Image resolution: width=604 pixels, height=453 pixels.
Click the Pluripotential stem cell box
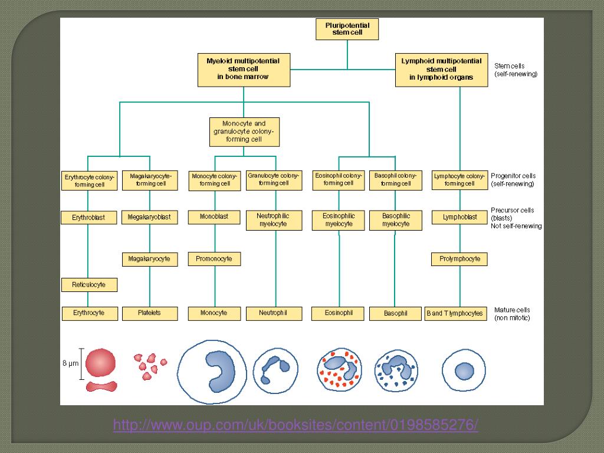click(347, 29)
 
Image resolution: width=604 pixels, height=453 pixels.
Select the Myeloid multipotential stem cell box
click(243, 69)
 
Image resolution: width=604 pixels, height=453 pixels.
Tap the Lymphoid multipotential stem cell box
click(441, 69)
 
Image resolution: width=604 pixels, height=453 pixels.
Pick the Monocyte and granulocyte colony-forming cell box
click(244, 132)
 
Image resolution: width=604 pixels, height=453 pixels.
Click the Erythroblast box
click(88, 218)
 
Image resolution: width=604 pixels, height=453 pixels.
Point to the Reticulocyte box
click(88, 285)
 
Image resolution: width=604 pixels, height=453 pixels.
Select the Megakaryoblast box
click(149, 217)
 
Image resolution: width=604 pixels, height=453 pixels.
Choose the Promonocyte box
click(214, 258)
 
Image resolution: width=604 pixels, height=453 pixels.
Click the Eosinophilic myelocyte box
click(339, 220)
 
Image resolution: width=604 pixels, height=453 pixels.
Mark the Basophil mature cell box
click(395, 313)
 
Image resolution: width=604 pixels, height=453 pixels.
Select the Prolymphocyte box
click(459, 258)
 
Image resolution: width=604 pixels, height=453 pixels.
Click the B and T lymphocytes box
click(455, 313)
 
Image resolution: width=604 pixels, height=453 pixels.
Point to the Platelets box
click(149, 313)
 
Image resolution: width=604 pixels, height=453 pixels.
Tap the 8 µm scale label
click(71, 364)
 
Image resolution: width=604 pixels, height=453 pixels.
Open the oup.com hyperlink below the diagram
click(296, 425)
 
